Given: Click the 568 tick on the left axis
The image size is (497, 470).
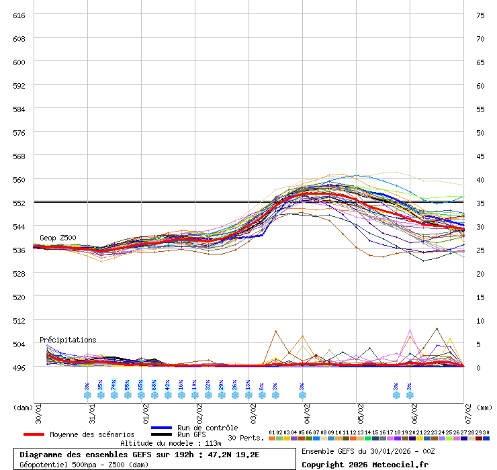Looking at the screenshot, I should pyautogui.click(x=19, y=156).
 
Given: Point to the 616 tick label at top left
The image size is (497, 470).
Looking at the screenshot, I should pyautogui.click(x=19, y=15).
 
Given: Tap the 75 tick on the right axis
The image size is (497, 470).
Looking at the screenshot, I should pyautogui.click(x=480, y=15).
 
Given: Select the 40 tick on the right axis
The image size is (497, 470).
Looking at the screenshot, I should pyautogui.click(x=480, y=179).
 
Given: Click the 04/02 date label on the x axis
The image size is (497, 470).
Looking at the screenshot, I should pyautogui.click(x=306, y=411).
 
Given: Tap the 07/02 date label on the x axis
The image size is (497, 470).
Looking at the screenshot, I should pyautogui.click(x=467, y=411).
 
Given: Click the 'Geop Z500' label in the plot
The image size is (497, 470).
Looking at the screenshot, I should pyautogui.click(x=58, y=238).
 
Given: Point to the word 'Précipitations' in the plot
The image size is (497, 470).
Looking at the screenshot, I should pyautogui.click(x=68, y=340).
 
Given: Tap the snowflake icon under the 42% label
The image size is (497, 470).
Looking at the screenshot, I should pyautogui.click(x=168, y=395).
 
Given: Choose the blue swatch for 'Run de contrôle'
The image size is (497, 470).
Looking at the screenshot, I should pyautogui.click(x=162, y=428).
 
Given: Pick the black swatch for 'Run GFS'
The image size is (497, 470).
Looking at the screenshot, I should pyautogui.click(x=162, y=434).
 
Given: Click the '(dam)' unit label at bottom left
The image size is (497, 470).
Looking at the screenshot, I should pyautogui.click(x=23, y=407).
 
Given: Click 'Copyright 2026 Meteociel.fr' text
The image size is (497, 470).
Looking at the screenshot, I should pyautogui.click(x=365, y=464).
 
